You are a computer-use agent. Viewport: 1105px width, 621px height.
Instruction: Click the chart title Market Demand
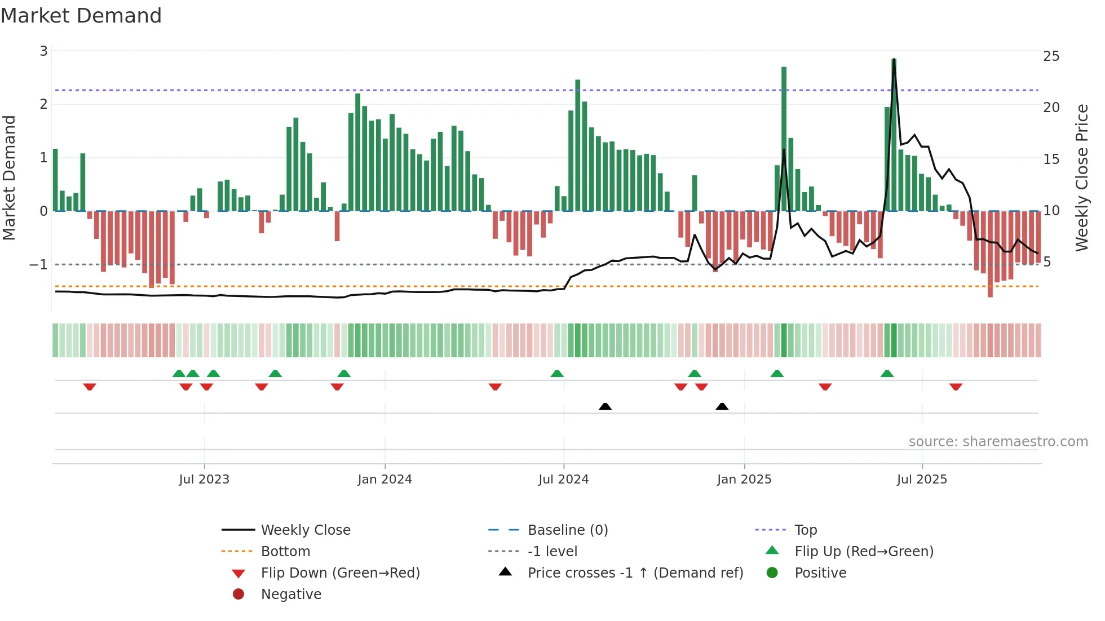(x=81, y=15)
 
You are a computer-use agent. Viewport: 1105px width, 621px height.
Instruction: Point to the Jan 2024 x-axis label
(x=384, y=480)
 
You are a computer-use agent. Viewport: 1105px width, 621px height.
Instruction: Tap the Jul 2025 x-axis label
(x=922, y=480)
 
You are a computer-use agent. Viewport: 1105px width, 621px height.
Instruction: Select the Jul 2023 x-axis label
(x=204, y=480)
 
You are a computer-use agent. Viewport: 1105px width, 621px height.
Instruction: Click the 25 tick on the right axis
(x=1051, y=56)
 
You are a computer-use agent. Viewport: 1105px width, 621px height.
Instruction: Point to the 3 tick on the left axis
(x=43, y=51)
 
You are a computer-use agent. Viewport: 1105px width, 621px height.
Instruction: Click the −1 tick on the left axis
(x=38, y=264)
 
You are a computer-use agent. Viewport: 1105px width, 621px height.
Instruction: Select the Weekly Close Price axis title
(x=1081, y=178)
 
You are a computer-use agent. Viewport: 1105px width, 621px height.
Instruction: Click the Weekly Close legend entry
(x=305, y=530)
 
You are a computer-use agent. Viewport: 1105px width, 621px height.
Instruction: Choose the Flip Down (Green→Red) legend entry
(x=340, y=573)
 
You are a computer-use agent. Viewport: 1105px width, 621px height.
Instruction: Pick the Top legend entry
(x=805, y=530)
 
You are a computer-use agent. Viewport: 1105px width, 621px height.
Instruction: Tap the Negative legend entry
(x=291, y=595)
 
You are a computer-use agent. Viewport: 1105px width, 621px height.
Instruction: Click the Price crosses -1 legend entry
(x=635, y=573)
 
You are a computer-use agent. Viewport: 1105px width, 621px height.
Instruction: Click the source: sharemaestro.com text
(x=998, y=442)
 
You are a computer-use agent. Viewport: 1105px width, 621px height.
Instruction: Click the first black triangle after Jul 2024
(x=605, y=406)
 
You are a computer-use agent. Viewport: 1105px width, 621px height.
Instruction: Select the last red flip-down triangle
(x=956, y=387)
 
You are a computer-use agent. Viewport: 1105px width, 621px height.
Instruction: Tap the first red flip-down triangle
(x=90, y=387)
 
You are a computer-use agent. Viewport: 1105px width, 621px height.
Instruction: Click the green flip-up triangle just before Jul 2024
(x=557, y=374)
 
